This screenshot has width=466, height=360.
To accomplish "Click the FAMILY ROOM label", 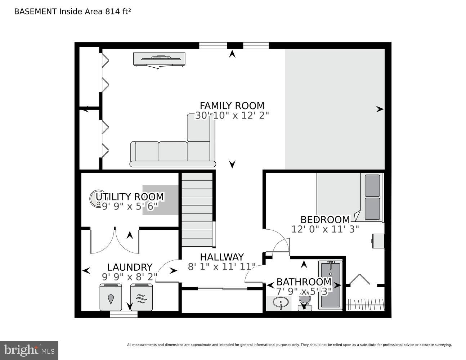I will tap(232, 105).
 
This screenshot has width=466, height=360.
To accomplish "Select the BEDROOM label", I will tap(325, 219).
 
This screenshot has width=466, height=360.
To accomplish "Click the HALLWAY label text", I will tap(222, 257).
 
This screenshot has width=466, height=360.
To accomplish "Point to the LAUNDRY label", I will tap(130, 267).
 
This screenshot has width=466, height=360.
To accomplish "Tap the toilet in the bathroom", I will tap(304, 302).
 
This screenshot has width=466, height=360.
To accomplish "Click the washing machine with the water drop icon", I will tap(111, 297).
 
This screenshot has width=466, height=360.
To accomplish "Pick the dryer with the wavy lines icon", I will tap(142, 297).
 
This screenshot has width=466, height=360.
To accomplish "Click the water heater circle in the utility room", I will tap(97, 198).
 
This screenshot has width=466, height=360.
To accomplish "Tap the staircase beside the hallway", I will tap(197, 209).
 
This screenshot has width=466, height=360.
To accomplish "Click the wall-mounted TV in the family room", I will tap(159, 59).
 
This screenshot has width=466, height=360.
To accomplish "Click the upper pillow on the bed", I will tap(372, 185).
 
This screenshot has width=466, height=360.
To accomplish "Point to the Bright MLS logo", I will tap(29, 350).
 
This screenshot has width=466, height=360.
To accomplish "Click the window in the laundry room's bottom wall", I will tap(124, 314).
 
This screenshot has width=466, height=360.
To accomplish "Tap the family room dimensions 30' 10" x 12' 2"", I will tap(232, 116).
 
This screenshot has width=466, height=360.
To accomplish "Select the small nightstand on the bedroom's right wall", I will tap(378, 241).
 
